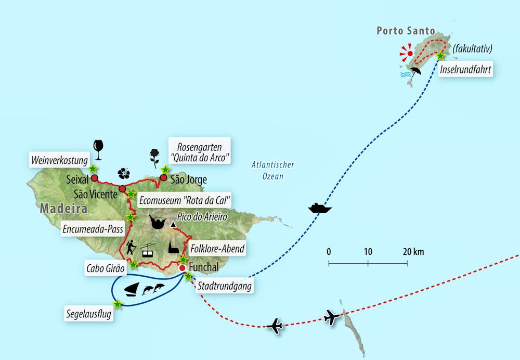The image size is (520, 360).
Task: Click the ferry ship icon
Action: pyautogui.click(x=320, y=208)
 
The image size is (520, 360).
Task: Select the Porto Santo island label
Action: pyautogui.click(x=405, y=31)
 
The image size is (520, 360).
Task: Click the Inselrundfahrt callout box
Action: pyautogui.click(x=465, y=70)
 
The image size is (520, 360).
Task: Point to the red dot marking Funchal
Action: pyautogui.click(x=182, y=268)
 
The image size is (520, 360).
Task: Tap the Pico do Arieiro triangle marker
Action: pyautogui.click(x=173, y=225)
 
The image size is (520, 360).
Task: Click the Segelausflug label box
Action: pyautogui.click(x=89, y=314)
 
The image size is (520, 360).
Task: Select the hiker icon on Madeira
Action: pyautogui.click(x=131, y=248)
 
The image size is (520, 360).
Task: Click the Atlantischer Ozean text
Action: pyautogui.click(x=273, y=171)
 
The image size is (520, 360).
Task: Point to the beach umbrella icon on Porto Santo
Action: pyautogui.click(x=415, y=71)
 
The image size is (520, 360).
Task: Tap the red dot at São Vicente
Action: pyautogui.click(x=122, y=189)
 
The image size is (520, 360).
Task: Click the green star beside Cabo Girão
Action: pyautogui.click(x=134, y=265)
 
